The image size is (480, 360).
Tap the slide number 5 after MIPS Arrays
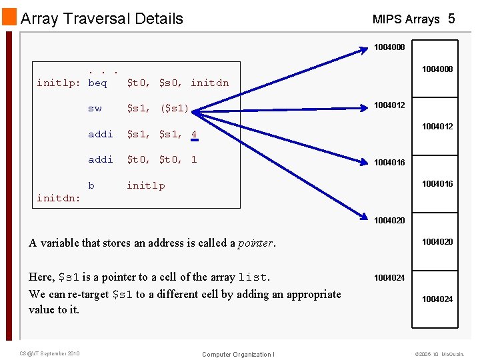[x=451, y=19]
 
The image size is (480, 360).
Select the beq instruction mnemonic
[x=97, y=83]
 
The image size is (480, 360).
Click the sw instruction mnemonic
[x=95, y=108]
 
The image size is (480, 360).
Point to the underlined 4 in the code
[x=194, y=134]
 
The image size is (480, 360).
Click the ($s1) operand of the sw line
[x=175, y=108]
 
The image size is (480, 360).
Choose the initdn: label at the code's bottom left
[x=58, y=198]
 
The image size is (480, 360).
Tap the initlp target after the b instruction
[x=146, y=185]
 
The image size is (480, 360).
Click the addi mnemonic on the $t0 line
[x=101, y=159]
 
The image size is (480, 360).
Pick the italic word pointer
[x=255, y=243]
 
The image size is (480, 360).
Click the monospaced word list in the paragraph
[x=253, y=277]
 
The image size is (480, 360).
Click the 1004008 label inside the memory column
[x=437, y=69]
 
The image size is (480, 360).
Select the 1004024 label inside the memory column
[x=437, y=299]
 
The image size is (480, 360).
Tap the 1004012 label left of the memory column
[x=389, y=105]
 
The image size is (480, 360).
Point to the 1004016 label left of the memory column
[x=389, y=162]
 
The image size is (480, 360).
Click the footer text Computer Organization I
[x=238, y=354]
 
